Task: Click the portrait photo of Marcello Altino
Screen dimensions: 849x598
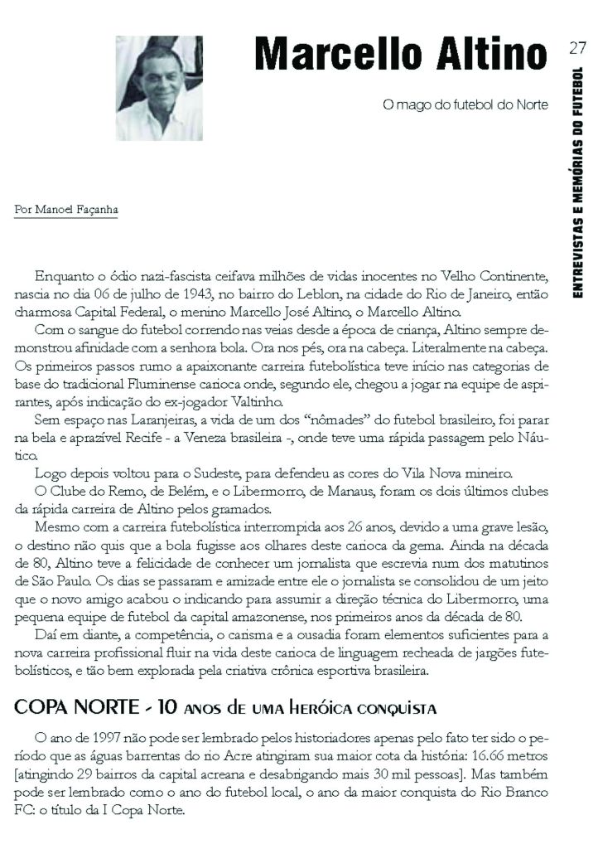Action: [x=158, y=88]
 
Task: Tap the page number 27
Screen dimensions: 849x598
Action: [x=578, y=47]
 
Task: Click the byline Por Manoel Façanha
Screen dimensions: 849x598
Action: [x=66, y=210]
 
